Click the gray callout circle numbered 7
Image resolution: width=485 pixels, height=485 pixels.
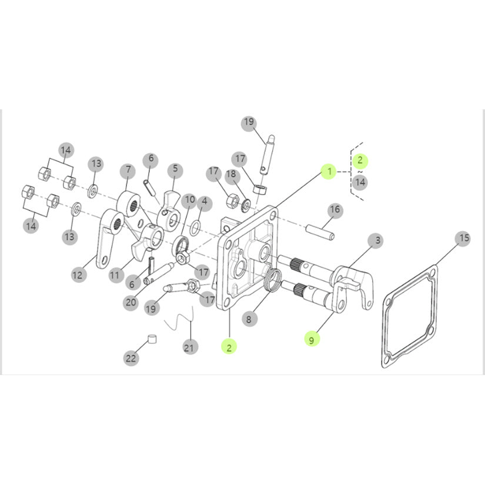127,170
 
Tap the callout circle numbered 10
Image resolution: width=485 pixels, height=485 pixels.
189,200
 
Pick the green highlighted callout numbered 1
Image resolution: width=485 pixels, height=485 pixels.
329,172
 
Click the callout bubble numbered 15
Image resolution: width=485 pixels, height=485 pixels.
463,238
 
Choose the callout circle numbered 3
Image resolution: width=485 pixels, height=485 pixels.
376,240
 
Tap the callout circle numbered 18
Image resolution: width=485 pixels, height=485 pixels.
231,175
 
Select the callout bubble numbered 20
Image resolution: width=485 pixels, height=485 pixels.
131,303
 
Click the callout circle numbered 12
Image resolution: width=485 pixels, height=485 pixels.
79,274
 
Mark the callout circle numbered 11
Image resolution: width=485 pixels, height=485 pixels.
115,275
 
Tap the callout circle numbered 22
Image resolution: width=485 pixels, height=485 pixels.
131,357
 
